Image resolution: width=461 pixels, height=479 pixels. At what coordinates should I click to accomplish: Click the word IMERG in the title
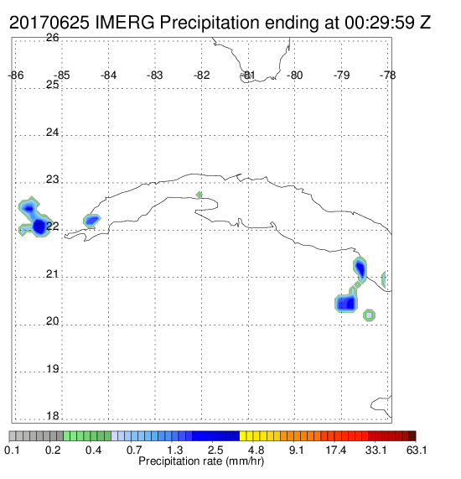coord(125,23)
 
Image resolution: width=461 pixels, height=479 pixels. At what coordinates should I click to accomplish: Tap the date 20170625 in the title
coord(49,23)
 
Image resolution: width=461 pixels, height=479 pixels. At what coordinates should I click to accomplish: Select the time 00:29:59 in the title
coord(380,23)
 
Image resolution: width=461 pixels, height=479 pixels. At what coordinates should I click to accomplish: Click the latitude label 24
coord(53,133)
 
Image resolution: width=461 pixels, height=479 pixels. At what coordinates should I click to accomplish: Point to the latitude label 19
coord(53,369)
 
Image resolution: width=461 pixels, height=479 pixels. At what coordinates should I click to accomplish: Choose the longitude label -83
coord(155,75)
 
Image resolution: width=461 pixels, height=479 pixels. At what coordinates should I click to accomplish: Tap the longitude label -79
coord(341,75)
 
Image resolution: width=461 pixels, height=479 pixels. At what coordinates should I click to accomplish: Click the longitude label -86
coord(16,75)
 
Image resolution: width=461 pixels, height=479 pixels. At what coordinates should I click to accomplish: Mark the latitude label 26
coord(53,38)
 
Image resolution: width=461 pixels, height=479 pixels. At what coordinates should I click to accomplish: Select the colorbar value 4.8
coord(256,450)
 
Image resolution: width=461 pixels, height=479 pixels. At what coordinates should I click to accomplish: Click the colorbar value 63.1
coord(417,450)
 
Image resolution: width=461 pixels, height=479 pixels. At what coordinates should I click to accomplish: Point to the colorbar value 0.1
coord(12,450)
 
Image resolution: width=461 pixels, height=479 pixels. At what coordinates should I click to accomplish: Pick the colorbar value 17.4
coord(336,450)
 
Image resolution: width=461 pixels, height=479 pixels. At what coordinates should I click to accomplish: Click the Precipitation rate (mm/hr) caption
coord(201,461)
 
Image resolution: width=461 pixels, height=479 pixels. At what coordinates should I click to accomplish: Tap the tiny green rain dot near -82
coord(199,195)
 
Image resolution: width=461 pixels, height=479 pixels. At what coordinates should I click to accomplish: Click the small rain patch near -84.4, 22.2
coord(91,221)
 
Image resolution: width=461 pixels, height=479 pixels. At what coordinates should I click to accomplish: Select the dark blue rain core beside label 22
coord(39,226)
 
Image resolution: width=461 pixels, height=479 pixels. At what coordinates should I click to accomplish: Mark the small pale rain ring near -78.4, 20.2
coord(370,315)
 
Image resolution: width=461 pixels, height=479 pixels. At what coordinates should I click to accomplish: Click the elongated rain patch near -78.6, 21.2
coord(360,269)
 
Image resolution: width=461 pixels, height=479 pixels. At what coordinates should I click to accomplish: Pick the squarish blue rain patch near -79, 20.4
coord(346,303)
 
